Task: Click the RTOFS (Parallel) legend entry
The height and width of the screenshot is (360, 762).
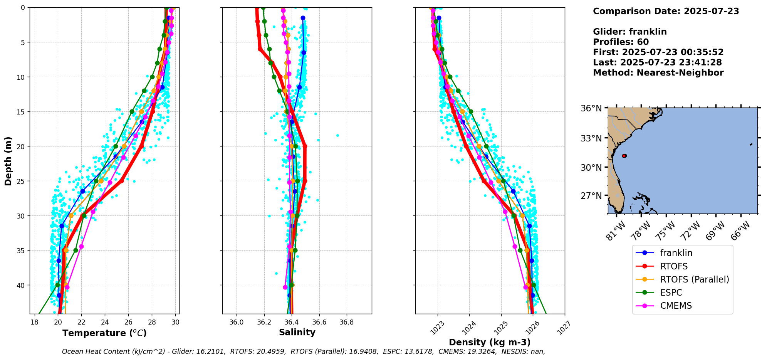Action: [695, 279]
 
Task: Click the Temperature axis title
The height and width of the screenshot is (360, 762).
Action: [104, 333]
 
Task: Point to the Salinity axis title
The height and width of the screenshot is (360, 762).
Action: [297, 332]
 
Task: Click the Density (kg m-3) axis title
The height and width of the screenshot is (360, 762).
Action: [490, 342]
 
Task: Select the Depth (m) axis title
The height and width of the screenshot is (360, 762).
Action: [8, 161]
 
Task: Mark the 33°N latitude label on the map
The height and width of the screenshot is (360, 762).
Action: [591, 138]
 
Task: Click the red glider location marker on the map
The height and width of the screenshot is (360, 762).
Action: [624, 156]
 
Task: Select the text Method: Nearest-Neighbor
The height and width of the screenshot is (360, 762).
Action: [658, 73]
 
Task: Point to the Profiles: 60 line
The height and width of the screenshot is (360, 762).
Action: [621, 42]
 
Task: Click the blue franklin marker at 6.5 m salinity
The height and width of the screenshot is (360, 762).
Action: [304, 52]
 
